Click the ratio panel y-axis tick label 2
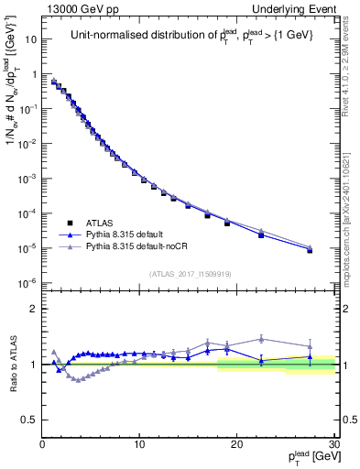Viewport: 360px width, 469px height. tap(34, 309)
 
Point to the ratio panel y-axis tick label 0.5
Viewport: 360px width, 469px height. tap(29, 420)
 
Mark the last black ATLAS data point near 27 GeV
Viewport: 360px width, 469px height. tap(310, 250)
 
